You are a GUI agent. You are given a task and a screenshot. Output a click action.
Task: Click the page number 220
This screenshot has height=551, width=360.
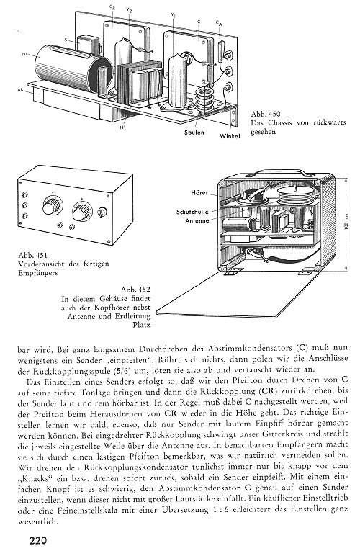coord(37,539)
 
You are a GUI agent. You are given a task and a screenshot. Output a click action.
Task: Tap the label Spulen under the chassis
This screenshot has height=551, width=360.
coord(194,133)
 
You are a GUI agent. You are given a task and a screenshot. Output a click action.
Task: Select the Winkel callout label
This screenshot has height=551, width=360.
coord(230,136)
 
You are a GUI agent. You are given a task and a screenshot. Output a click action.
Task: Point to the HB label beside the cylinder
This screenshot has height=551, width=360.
coord(24,54)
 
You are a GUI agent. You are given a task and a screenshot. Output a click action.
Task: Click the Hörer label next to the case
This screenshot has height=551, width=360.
coord(199,193)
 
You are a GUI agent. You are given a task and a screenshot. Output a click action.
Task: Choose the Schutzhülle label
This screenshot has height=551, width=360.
coord(192,212)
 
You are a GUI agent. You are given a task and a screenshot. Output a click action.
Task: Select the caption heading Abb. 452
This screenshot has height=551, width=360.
coord(135,290)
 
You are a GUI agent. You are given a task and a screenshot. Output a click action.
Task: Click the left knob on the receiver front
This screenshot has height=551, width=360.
coord(52,207)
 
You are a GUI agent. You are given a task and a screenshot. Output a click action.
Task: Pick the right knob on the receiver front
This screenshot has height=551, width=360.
coord(81,211)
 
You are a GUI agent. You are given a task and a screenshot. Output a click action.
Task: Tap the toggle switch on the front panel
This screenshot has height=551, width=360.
coord(102,212)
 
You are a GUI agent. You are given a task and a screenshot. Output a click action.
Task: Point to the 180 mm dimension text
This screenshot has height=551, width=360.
coord(346,225)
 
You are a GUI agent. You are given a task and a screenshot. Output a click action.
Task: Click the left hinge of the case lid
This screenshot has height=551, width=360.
coord(232,272)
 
